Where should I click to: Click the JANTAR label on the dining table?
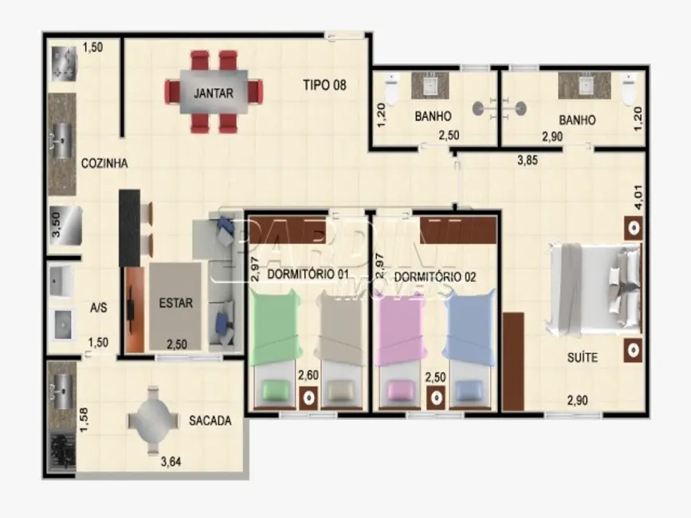(214, 93)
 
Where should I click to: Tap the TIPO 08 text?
(324, 84)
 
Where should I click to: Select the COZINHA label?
(104, 163)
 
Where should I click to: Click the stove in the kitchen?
(65, 64)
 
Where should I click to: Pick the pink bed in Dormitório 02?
(399, 348)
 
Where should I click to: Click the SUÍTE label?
(582, 357)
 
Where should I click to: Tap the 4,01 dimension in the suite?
(638, 198)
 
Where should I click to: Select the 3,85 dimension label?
(527, 160)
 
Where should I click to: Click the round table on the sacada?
(153, 420)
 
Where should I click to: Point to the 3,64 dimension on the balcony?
(171, 462)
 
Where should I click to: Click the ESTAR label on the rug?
(176, 303)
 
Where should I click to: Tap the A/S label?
(99, 308)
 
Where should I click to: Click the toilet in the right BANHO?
(629, 89)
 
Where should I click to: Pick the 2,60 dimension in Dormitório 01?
(308, 375)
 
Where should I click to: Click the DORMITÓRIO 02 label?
(435, 277)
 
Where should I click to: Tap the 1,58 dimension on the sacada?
(84, 420)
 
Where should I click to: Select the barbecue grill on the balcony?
(61, 453)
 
